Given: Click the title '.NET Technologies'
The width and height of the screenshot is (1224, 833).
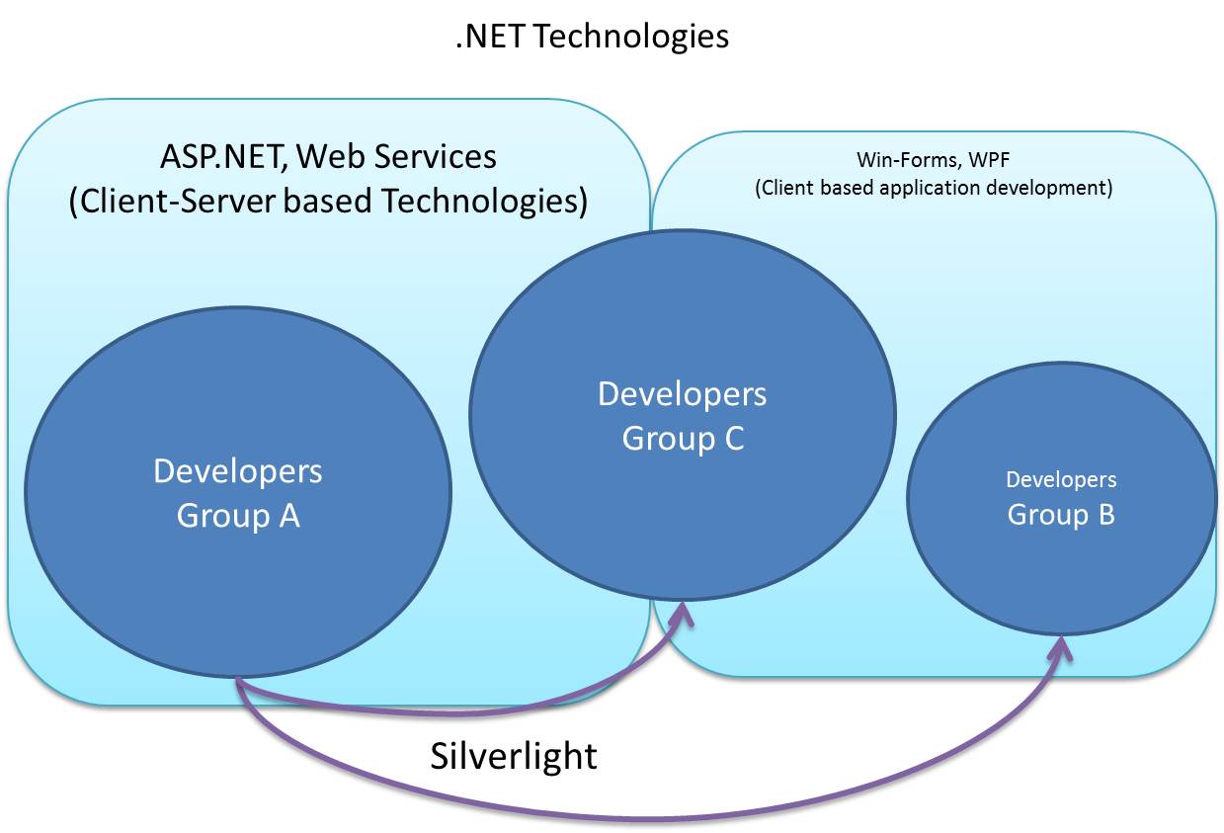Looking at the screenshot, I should (x=592, y=37).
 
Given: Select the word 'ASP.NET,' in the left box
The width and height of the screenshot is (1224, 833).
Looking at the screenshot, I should (x=224, y=156).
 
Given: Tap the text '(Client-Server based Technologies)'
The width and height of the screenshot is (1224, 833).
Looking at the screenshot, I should (x=328, y=201).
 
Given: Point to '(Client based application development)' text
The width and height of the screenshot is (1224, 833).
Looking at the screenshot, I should (x=934, y=188).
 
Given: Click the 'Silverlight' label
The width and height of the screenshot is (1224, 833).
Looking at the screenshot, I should (x=514, y=756).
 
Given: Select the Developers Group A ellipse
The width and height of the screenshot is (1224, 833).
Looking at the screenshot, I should (x=238, y=553).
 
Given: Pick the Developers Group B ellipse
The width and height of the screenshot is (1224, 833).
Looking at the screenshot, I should (x=1061, y=573).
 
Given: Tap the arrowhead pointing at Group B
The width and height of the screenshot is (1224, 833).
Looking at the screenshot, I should (x=1061, y=648).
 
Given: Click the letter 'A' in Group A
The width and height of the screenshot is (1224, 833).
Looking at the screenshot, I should (x=288, y=516).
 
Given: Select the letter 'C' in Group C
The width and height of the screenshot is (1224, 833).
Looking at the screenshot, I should (x=732, y=438).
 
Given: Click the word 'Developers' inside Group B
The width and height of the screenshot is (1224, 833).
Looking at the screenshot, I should (x=1061, y=480).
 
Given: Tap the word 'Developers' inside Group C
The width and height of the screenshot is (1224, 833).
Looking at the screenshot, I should (x=682, y=394).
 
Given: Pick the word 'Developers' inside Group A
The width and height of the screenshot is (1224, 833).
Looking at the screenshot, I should (x=238, y=471).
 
